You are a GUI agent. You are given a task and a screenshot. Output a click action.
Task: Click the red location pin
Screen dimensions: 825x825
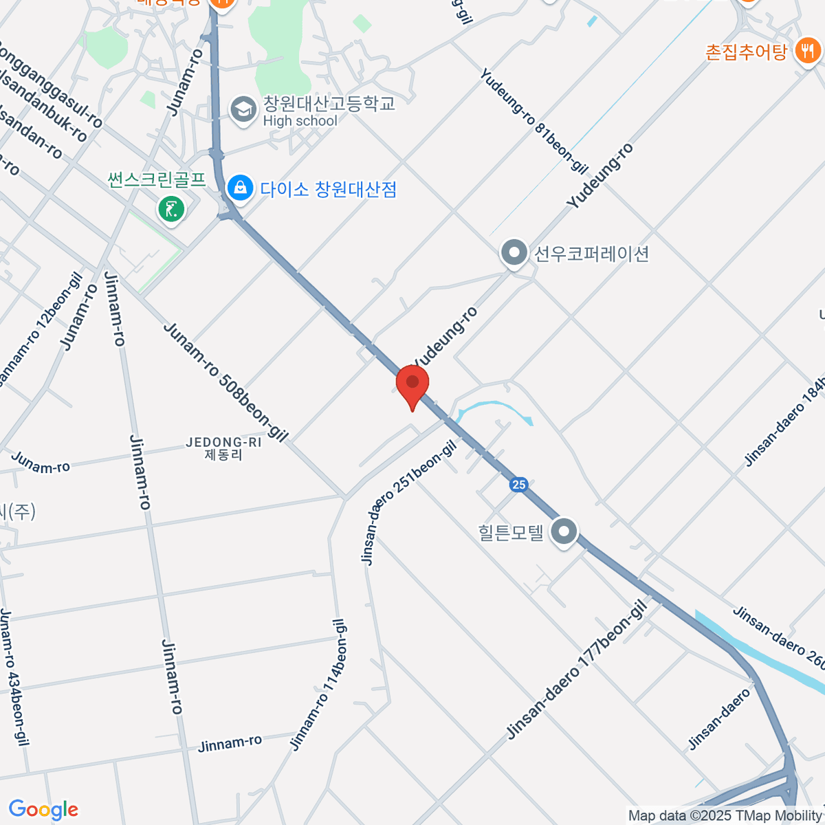[412, 384]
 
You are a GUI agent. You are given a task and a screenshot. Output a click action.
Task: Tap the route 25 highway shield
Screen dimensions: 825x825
[518, 485]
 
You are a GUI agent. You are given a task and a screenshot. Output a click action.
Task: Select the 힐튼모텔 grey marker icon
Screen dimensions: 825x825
[564, 531]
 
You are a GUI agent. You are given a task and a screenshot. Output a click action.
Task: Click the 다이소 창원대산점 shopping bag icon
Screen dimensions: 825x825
[240, 188]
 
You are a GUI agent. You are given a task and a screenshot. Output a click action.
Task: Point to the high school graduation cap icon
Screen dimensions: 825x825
[243, 110]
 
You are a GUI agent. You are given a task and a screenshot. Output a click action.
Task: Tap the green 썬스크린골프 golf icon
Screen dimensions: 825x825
[171, 208]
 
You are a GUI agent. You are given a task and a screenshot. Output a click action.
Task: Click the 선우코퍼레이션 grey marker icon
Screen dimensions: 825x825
[514, 254]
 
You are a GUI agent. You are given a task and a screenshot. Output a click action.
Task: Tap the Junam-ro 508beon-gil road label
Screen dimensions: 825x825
[225, 381]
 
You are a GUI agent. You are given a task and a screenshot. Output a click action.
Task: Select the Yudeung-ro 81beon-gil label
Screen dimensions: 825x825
[534, 121]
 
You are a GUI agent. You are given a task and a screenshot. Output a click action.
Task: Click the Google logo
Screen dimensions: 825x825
[43, 810]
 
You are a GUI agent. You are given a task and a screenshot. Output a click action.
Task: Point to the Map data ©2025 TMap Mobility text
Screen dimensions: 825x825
[725, 816]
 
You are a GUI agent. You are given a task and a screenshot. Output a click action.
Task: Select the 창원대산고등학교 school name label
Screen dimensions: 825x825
[329, 104]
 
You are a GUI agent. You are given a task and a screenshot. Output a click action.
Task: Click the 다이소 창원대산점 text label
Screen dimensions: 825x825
[328, 189]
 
